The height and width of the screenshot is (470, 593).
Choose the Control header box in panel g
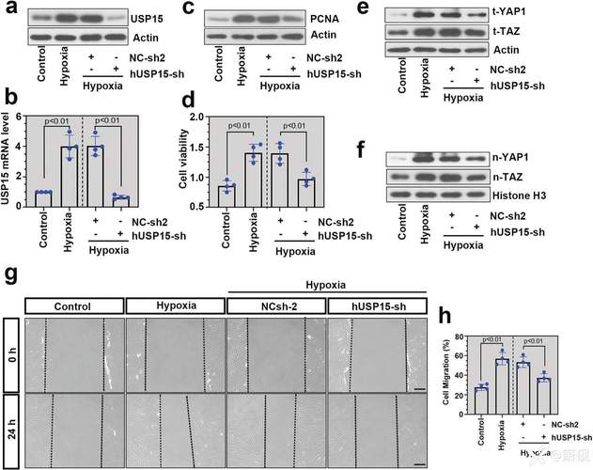(74, 305)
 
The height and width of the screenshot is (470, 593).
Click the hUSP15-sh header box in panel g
(378, 305)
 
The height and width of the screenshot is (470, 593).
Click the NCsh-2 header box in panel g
(277, 305)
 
